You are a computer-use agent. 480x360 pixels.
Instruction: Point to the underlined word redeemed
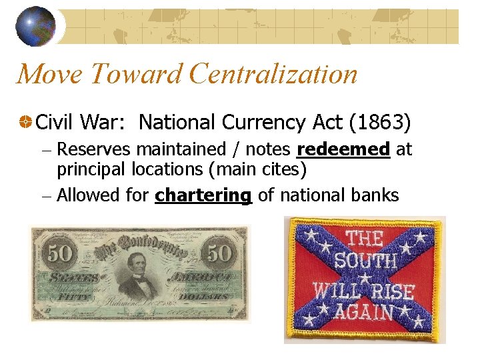pos(343,150)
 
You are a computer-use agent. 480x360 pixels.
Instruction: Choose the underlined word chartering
pos(203,195)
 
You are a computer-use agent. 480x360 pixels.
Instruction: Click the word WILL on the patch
pos(337,291)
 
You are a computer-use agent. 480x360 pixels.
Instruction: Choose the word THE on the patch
pos(364,238)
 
